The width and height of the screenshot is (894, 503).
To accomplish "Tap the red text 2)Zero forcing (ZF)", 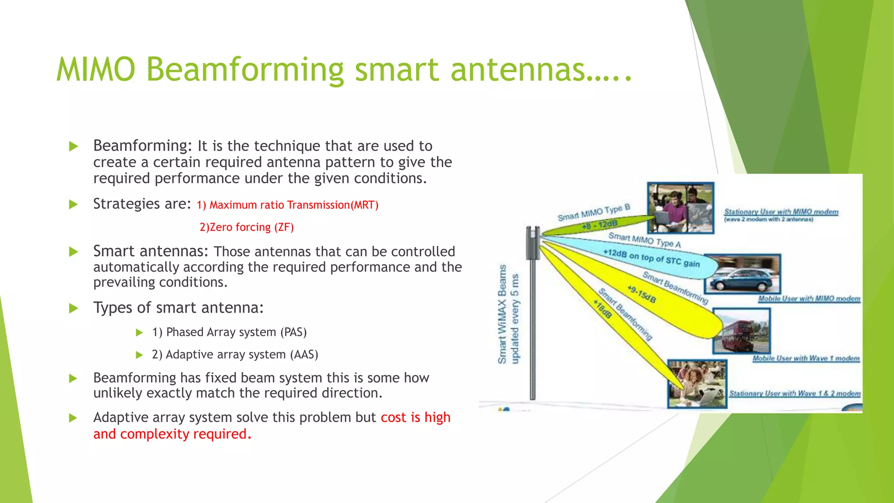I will (247, 227).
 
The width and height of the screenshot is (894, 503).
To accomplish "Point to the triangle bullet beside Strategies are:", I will (73, 204).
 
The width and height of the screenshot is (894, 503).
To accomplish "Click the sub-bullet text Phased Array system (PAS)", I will (230, 332).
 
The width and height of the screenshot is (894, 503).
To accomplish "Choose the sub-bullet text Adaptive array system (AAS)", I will (235, 355).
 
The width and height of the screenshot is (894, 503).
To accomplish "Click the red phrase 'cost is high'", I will (415, 417).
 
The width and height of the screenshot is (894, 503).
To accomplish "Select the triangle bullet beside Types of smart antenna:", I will (73, 309).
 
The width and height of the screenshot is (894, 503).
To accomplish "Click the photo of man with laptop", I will (680, 208).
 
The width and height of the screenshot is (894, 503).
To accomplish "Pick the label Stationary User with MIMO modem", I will (781, 212).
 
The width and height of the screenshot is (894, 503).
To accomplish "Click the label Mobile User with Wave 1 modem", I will (806, 358).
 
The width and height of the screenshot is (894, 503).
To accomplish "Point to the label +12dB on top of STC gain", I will (651, 258).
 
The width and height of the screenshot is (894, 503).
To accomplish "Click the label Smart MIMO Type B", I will (594, 213).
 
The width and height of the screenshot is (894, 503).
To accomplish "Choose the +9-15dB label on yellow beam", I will (642, 294).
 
